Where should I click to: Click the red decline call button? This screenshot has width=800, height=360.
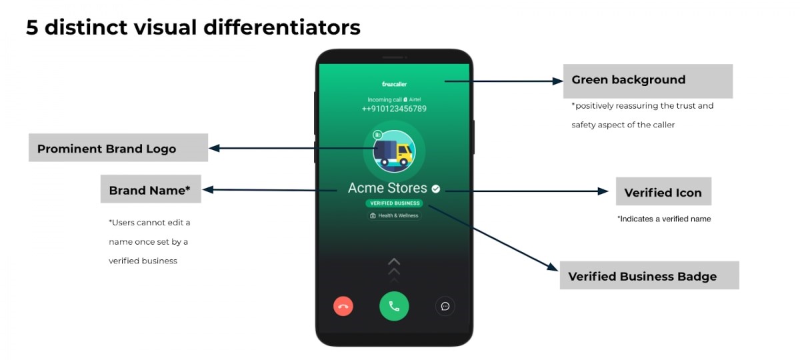(x=343, y=307)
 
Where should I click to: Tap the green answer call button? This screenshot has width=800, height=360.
(x=394, y=306)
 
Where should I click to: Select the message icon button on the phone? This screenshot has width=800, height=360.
(x=445, y=306)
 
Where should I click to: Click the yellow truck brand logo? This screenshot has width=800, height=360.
(x=394, y=151)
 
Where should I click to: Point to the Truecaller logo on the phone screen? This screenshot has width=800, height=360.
(x=394, y=84)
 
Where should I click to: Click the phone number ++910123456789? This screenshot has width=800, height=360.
(x=394, y=109)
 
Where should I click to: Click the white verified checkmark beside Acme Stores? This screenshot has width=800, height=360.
(x=436, y=189)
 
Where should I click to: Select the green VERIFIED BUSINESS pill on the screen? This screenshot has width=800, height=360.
(x=395, y=203)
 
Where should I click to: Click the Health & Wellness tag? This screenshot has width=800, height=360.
(x=395, y=216)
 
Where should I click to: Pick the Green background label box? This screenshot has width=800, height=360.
(x=647, y=81)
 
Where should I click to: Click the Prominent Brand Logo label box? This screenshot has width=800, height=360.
(x=118, y=148)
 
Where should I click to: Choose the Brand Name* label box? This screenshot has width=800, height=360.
(x=151, y=190)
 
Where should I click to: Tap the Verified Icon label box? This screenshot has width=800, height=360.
(x=663, y=192)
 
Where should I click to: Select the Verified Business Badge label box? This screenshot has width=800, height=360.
(x=649, y=276)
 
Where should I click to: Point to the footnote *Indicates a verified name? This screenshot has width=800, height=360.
(x=664, y=219)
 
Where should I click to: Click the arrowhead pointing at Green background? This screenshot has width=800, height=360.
(x=559, y=81)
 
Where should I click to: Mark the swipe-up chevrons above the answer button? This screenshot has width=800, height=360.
(x=394, y=269)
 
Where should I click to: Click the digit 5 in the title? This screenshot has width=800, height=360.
(x=32, y=27)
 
